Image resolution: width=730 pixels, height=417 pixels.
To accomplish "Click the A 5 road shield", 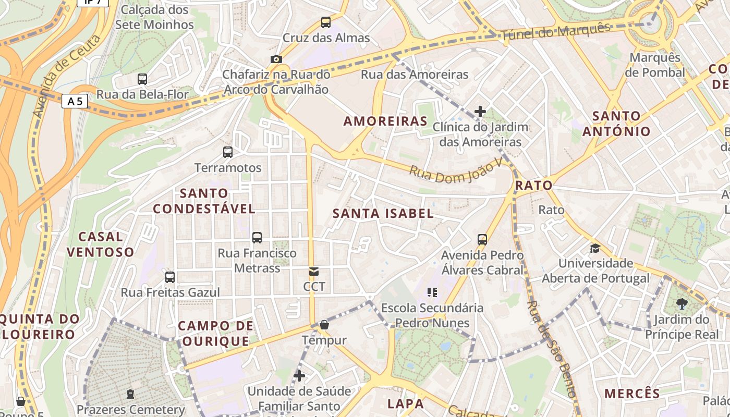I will (x=75, y=101).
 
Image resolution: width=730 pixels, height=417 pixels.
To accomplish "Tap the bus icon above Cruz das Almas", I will (x=326, y=22).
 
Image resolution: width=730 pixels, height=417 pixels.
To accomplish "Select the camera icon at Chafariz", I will (x=276, y=59).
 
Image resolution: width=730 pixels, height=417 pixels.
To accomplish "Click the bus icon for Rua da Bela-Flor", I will (x=142, y=79).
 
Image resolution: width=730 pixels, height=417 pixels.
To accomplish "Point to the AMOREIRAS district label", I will (x=385, y=121).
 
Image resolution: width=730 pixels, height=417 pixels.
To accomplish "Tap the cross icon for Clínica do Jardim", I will (x=480, y=111).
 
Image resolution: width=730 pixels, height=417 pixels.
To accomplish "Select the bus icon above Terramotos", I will (x=228, y=152).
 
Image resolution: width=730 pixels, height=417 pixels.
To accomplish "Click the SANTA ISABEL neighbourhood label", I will (x=383, y=213).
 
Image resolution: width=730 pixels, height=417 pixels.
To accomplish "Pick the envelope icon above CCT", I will (x=314, y=272).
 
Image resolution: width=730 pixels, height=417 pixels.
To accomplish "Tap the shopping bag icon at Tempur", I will (x=324, y=325).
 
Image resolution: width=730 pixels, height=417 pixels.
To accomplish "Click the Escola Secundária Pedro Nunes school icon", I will (x=432, y=292).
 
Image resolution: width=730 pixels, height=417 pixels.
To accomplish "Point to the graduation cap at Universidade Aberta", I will (x=595, y=248).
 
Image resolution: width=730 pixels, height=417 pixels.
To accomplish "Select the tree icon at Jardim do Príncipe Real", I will (x=682, y=303).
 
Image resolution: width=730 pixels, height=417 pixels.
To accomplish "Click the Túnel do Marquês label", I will (x=555, y=32).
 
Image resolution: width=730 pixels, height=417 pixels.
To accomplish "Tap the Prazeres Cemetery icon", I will (x=130, y=394).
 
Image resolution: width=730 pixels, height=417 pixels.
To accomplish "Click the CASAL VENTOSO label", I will (x=101, y=244).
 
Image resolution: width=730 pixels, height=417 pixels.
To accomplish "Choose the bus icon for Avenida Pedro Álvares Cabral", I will (x=482, y=240).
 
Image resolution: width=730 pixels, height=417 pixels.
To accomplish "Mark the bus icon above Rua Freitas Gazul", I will (x=170, y=277).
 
